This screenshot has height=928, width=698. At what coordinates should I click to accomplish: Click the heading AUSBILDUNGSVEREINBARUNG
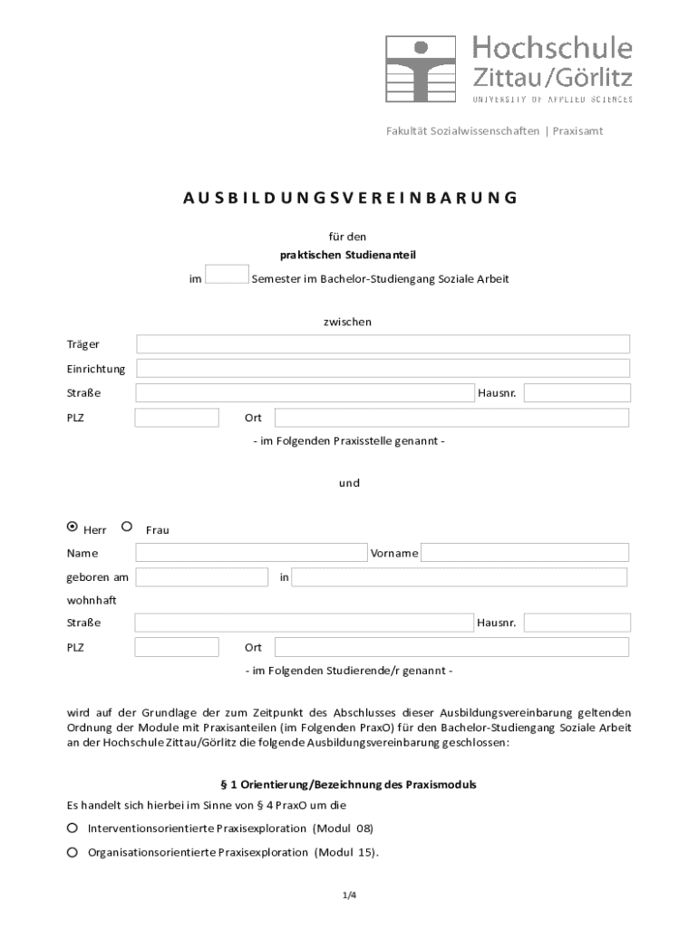349,198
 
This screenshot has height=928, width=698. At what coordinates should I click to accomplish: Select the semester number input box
227,275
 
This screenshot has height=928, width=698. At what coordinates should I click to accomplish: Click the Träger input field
383,344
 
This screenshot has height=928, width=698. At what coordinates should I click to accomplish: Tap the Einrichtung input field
383,369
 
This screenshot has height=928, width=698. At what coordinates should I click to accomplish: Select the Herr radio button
73,527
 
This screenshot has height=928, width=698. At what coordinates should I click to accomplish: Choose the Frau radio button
127,527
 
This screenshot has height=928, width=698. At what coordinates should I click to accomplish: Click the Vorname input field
524,553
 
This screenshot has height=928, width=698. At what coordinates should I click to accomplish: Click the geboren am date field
201,577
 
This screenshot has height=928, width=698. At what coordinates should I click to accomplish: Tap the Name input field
251,553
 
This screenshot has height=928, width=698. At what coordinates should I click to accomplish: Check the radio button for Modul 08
73,828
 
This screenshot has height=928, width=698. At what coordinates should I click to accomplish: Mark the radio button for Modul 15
73,853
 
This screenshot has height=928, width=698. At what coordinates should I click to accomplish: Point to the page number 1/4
349,896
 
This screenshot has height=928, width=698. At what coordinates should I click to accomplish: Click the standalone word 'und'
349,483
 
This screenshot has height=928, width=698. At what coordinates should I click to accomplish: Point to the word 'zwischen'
348,322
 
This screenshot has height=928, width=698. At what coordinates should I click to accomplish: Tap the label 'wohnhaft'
92,600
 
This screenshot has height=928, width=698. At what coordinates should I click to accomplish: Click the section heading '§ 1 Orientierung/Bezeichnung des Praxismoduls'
349,785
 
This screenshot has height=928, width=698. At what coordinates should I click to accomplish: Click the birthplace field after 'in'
459,577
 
